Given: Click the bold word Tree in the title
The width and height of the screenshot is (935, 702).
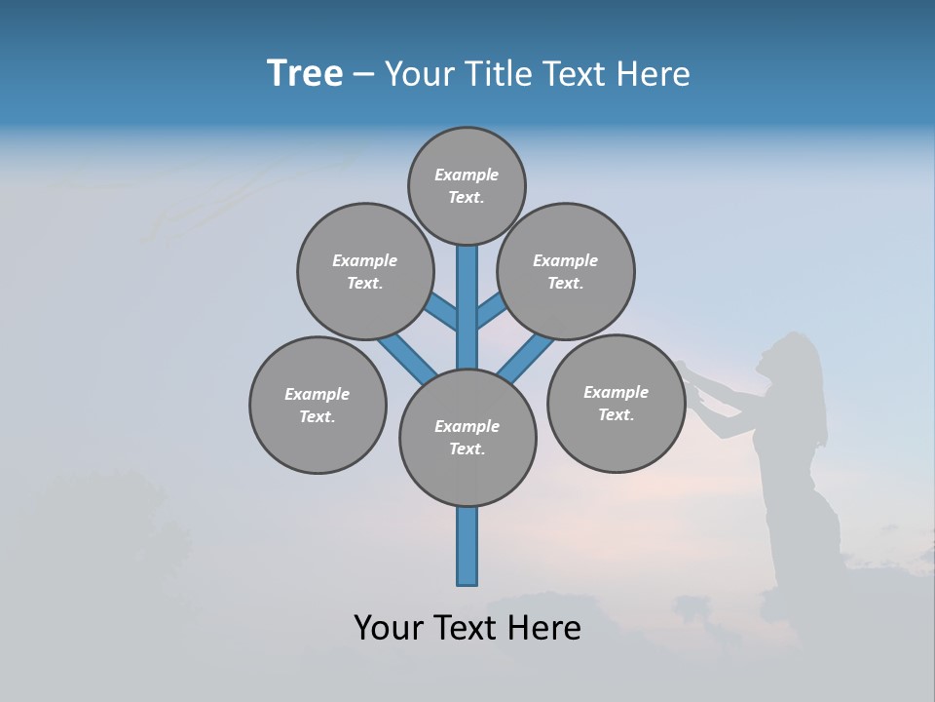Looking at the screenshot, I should pos(305,73).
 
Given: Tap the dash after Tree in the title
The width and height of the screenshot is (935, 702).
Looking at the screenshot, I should pos(364,75).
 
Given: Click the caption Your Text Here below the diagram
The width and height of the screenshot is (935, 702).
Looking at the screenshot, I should pos(467,628).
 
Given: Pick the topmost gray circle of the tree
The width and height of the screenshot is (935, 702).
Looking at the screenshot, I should pos(467,185).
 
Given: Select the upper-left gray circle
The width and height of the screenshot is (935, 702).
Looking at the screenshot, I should pos(365,271).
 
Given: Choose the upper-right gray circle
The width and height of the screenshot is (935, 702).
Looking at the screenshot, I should pos(566,271).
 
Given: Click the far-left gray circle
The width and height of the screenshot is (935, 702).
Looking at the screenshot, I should pos(318,405).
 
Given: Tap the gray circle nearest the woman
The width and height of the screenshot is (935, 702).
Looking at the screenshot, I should pos(616,403).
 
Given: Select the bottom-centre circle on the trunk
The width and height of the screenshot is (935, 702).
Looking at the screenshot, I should pos(467,438).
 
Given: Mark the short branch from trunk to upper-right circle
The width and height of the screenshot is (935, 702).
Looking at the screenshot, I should pos(490,311).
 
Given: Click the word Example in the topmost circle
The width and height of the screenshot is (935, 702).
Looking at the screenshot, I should pos(467,175).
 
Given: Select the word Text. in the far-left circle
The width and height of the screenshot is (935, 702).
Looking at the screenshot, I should pos(317,416).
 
